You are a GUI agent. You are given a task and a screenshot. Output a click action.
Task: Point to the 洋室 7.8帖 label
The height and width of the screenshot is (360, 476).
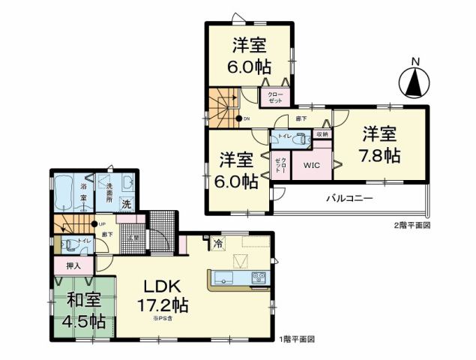coord(382,145)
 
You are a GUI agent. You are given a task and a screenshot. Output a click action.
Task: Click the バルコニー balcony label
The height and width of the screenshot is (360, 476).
coord(349,199)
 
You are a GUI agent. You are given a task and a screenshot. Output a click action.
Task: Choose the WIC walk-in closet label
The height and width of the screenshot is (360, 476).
coord(310,165)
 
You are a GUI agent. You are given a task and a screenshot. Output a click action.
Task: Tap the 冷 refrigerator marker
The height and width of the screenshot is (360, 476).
coord(217,243)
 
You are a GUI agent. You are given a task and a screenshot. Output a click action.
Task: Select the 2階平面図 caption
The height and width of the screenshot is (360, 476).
coord(412,225)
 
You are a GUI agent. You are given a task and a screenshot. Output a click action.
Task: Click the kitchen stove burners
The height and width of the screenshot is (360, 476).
coord(259,277)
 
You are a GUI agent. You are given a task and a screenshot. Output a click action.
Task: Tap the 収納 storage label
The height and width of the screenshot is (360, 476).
coord(322,133)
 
